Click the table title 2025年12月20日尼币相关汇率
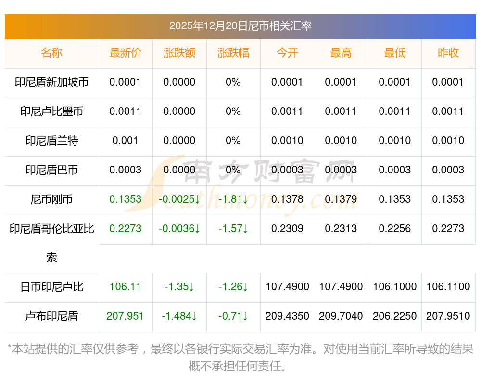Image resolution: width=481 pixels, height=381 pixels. [x=240, y=26]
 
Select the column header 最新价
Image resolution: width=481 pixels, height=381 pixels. [x=126, y=53]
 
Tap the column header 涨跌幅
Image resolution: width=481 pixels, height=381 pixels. [x=233, y=53]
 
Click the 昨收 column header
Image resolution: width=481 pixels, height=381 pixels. [x=448, y=53]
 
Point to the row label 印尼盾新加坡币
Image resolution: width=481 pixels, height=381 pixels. [x=51, y=82]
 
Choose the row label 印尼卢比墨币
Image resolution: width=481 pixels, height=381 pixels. [x=51, y=111]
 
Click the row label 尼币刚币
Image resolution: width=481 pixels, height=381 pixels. [x=51, y=199]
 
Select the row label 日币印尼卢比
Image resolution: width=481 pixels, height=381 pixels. [x=51, y=287]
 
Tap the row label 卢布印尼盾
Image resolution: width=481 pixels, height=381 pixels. [x=51, y=316]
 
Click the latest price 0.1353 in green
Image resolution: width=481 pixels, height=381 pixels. [x=126, y=199]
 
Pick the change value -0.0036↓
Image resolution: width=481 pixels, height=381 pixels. [x=179, y=229]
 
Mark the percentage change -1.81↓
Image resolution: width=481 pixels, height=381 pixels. [x=233, y=199]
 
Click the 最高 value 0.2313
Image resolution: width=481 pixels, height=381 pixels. [x=341, y=229]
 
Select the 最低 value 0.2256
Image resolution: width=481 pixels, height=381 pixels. [x=395, y=229]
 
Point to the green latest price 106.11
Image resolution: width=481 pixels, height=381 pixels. [x=126, y=287]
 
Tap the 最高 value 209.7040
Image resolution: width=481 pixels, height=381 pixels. [x=341, y=316]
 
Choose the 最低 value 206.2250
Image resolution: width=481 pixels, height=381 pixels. [x=395, y=316]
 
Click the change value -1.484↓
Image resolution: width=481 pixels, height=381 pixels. [x=179, y=316]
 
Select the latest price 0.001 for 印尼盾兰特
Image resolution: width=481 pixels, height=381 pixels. [x=126, y=141]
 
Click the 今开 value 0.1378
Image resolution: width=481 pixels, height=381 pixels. [x=287, y=199]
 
